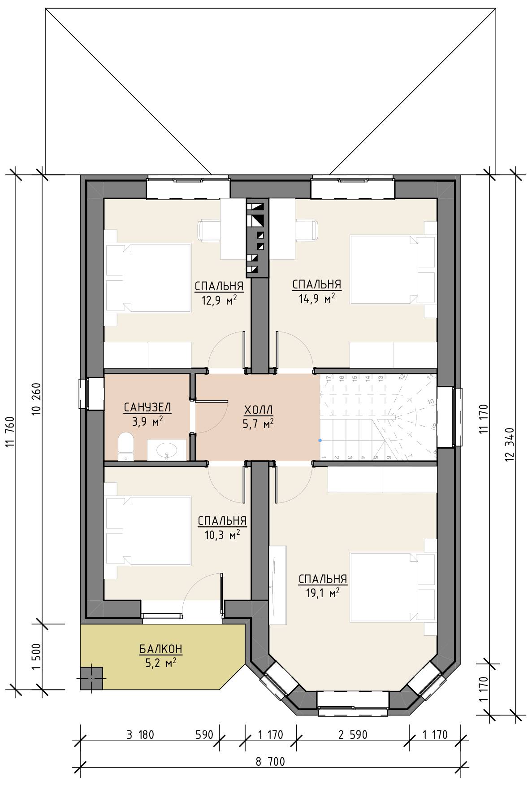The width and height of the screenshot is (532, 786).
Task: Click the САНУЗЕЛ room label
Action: (x=147, y=407)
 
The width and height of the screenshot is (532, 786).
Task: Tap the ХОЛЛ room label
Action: (x=259, y=410)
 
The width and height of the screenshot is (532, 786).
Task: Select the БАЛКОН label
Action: (x=160, y=649)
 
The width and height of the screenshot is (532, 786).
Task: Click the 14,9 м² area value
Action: (x=317, y=298)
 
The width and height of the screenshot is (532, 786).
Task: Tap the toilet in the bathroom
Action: (x=125, y=446)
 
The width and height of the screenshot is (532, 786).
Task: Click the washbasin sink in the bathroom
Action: (x=167, y=450)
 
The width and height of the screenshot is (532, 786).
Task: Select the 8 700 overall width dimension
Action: (x=270, y=762)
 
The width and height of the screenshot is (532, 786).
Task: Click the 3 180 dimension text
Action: (x=140, y=735)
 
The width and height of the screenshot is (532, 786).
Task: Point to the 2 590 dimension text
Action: (x=353, y=735)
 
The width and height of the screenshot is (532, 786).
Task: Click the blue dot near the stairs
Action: (x=320, y=440)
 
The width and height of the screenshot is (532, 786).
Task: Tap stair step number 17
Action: (x=329, y=378)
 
